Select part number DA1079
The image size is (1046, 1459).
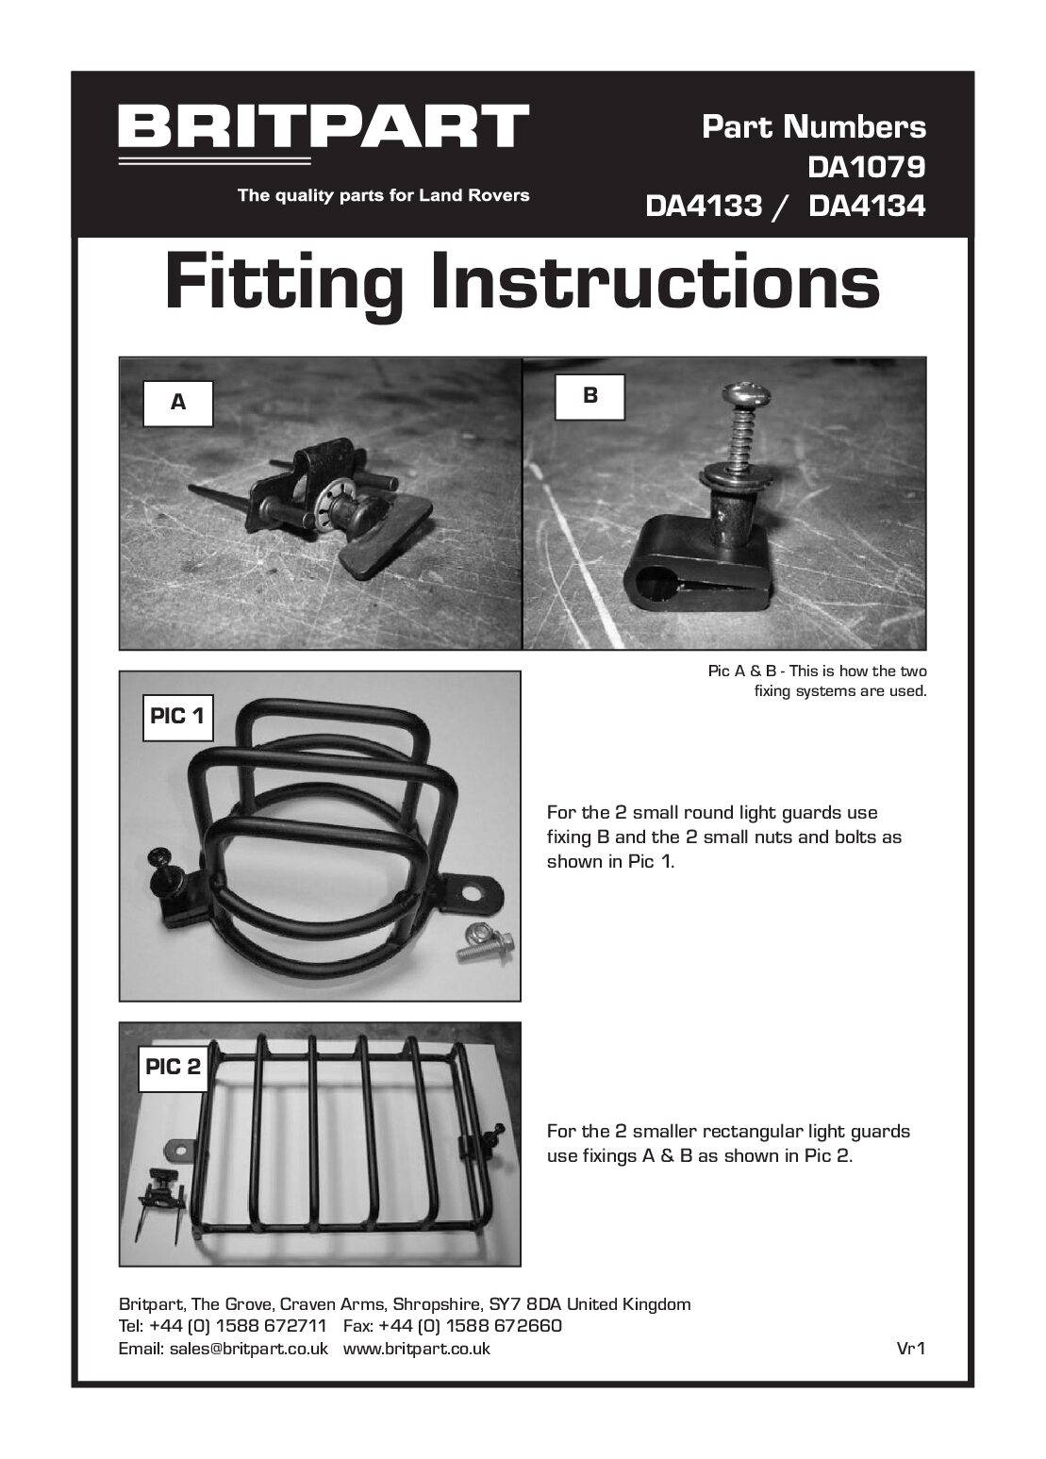(x=866, y=167)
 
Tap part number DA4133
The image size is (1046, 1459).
(x=704, y=207)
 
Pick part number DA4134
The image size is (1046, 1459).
(x=867, y=207)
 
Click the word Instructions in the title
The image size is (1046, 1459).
(x=656, y=282)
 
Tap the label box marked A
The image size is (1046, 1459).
(x=178, y=403)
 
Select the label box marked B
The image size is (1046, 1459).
(x=590, y=396)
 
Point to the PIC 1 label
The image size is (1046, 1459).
(x=178, y=717)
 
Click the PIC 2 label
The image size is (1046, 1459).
(x=174, y=1067)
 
